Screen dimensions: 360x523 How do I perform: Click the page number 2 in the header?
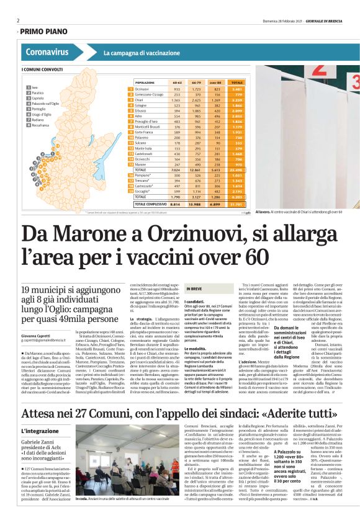[x=18, y=20]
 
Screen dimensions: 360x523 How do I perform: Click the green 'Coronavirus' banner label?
[x=48, y=53]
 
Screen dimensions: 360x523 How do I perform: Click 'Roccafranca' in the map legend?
[x=42, y=125]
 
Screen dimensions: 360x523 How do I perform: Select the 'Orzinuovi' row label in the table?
[x=144, y=89]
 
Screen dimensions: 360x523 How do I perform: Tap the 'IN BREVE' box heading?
[x=194, y=289]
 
